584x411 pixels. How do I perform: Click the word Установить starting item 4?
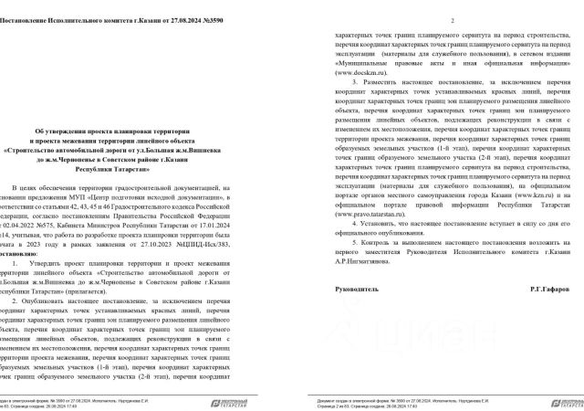point(381,222)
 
